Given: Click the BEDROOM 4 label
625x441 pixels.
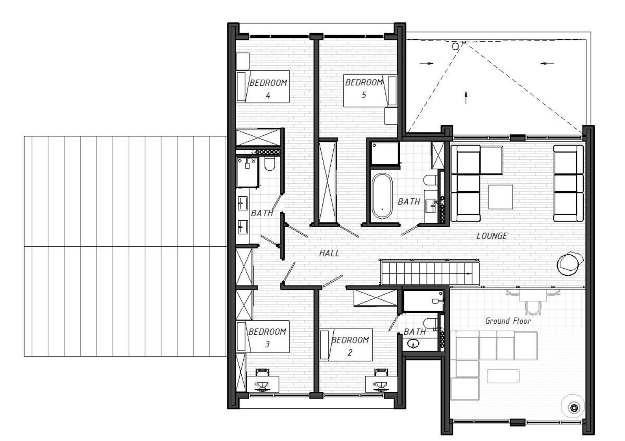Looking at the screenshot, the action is [x=268, y=89].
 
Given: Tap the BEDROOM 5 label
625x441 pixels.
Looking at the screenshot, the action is [x=364, y=88].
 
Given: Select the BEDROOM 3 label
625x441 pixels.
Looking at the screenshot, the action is [x=267, y=338].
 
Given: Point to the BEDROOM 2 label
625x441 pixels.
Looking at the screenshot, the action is [x=350, y=346].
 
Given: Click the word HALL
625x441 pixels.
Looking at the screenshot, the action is [x=329, y=253].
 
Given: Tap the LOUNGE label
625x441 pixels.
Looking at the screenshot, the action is [x=492, y=236].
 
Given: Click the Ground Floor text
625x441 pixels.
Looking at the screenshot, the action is [x=508, y=321].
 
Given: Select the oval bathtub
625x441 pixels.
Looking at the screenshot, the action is [x=382, y=196].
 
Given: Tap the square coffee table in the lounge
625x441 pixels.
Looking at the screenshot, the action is [x=501, y=197].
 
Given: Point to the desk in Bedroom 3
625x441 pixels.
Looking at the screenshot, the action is [x=263, y=384].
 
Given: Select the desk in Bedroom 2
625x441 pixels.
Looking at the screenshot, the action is [x=381, y=384].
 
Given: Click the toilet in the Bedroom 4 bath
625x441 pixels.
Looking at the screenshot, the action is [x=270, y=164].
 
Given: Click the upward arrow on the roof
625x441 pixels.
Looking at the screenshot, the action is [x=466, y=97].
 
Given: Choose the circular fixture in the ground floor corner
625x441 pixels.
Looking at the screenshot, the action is [x=574, y=408].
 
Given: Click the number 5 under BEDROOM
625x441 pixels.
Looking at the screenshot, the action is [x=364, y=95].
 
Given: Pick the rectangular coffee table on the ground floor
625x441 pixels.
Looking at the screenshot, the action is [x=503, y=376].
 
